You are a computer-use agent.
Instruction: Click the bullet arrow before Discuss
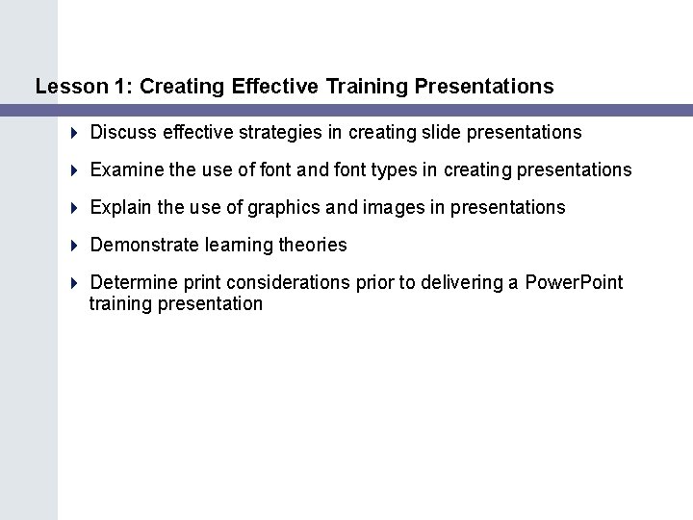(x=76, y=132)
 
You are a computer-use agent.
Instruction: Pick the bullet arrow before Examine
(x=76, y=170)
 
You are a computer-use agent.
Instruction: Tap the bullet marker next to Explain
(x=76, y=208)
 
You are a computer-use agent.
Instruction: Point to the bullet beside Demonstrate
(x=76, y=246)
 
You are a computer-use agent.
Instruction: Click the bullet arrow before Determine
(x=76, y=283)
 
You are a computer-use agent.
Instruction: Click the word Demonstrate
(x=144, y=246)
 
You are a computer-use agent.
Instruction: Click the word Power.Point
(x=575, y=283)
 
